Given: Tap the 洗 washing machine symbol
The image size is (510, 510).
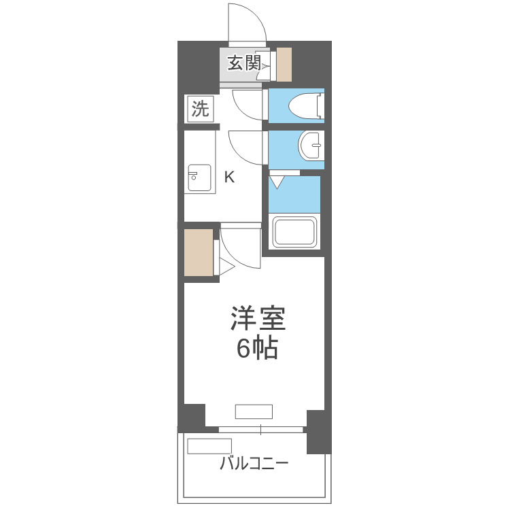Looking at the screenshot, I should coord(200,109).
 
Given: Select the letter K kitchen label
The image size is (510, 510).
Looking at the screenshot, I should coord(230,177).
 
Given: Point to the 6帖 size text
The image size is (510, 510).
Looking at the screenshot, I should coord(257,348).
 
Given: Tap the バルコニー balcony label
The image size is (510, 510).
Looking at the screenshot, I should coord(254,465).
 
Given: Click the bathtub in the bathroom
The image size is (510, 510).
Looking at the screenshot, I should coord(294,233).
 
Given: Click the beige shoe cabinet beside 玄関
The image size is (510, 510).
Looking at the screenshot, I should coord(284,65).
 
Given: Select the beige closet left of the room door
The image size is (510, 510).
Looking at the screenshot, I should coord(199,253).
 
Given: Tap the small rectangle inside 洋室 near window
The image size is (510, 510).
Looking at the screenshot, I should coord(254,411).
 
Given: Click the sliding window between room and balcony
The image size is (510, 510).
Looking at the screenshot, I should coord(261,430).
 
